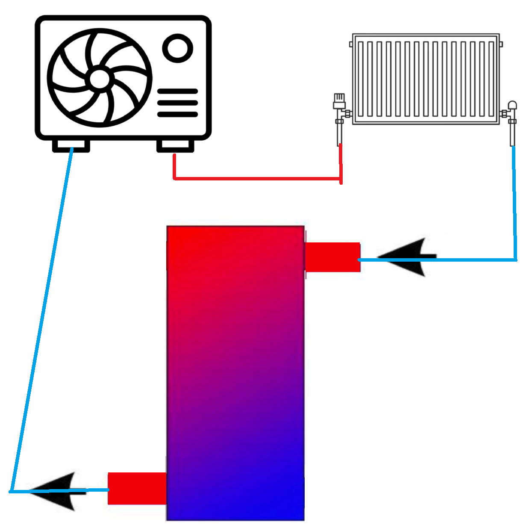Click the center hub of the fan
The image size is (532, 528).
[100, 79]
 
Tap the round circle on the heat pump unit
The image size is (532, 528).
[177, 48]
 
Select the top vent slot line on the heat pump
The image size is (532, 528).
[177, 91]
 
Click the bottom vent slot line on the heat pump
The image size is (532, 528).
[177, 114]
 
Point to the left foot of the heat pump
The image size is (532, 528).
[71, 146]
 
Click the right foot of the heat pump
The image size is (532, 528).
[175, 146]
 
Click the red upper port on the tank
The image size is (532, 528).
[332, 257]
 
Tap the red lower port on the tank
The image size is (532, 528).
[137, 488]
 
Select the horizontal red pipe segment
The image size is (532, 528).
[256, 178]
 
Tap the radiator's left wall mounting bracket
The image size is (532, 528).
[351, 44]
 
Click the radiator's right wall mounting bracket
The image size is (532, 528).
[501, 44]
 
